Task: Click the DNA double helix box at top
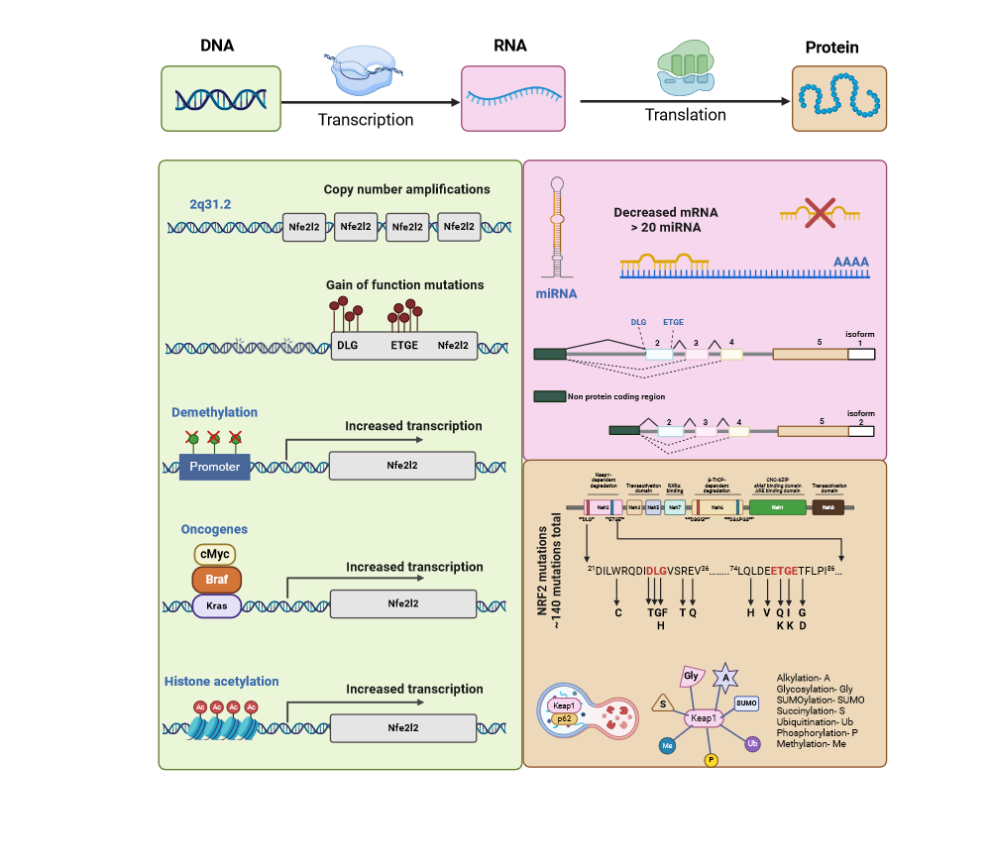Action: (221, 98)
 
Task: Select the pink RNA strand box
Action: (512, 98)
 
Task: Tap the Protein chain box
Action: (838, 98)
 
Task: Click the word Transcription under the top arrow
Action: (366, 120)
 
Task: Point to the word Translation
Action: (686, 115)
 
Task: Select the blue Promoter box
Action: (214, 466)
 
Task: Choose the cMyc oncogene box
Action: (214, 554)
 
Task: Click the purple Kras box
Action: (214, 604)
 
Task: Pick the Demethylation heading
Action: (214, 412)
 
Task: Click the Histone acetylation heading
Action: (221, 682)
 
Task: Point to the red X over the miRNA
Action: (820, 211)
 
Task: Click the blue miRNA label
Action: (555, 294)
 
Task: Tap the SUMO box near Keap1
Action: (746, 703)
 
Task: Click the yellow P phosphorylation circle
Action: (710, 760)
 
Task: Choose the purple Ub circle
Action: (752, 742)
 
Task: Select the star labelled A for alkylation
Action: (725, 679)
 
